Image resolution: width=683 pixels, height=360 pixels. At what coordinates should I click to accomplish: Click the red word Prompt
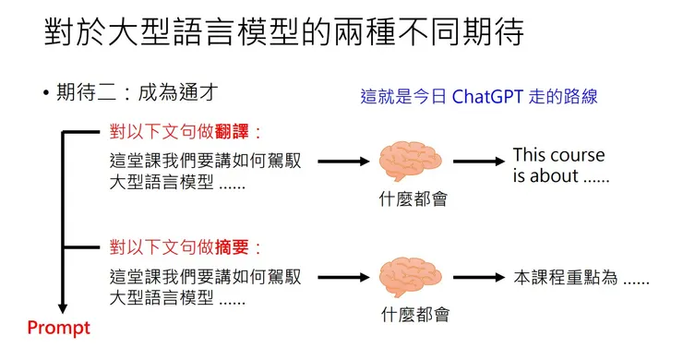tap(58, 327)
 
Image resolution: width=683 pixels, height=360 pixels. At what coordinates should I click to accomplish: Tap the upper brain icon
tap(413, 159)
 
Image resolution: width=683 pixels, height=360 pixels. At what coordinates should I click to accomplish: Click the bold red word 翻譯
tap(234, 131)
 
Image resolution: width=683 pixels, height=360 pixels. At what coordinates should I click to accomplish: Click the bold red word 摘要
tap(234, 247)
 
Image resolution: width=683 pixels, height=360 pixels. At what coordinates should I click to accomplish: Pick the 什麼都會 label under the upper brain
tap(413, 198)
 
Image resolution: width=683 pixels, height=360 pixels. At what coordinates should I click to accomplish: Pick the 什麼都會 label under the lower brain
tap(414, 314)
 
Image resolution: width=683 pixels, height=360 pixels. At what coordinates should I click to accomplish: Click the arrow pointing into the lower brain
tap(342, 277)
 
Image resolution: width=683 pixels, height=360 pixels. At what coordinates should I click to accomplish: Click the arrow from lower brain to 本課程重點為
tap(478, 277)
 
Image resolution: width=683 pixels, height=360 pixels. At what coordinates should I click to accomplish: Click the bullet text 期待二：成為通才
tap(138, 92)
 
